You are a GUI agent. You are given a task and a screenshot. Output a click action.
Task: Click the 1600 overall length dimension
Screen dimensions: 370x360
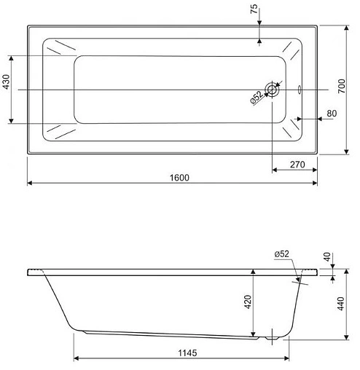point(171,178)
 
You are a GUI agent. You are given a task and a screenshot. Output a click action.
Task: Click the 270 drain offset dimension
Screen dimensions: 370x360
point(295,164)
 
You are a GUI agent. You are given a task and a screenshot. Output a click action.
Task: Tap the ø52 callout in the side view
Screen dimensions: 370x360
point(282,253)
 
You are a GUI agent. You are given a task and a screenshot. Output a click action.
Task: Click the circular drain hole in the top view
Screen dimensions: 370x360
point(272,90)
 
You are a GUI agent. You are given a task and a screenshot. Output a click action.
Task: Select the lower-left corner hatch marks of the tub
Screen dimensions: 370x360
point(59,131)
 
